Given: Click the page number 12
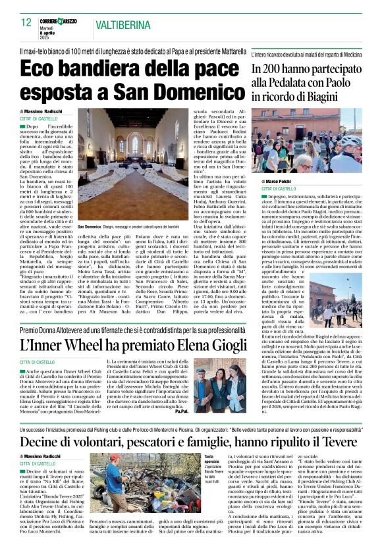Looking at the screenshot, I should [x=26, y=22].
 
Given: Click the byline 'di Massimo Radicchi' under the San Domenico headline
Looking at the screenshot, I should [x=41, y=113].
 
